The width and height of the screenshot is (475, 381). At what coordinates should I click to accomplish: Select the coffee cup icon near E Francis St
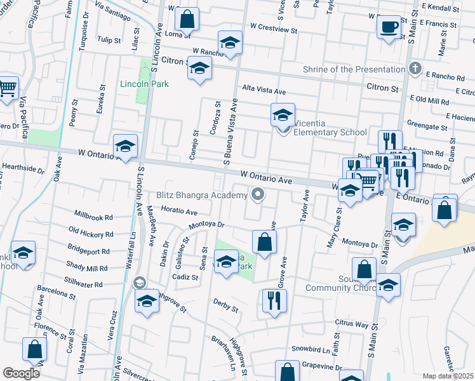(x=389, y=27)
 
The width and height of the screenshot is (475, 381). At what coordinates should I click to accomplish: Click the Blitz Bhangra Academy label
(x=201, y=195)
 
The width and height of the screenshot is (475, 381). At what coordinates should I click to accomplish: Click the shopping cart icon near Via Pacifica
(x=7, y=89)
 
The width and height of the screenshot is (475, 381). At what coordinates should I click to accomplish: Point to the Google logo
(x=21, y=373)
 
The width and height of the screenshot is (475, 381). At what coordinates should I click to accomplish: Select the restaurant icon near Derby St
(x=274, y=300)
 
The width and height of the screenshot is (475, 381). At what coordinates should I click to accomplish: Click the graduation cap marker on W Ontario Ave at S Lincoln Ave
(x=125, y=147)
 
